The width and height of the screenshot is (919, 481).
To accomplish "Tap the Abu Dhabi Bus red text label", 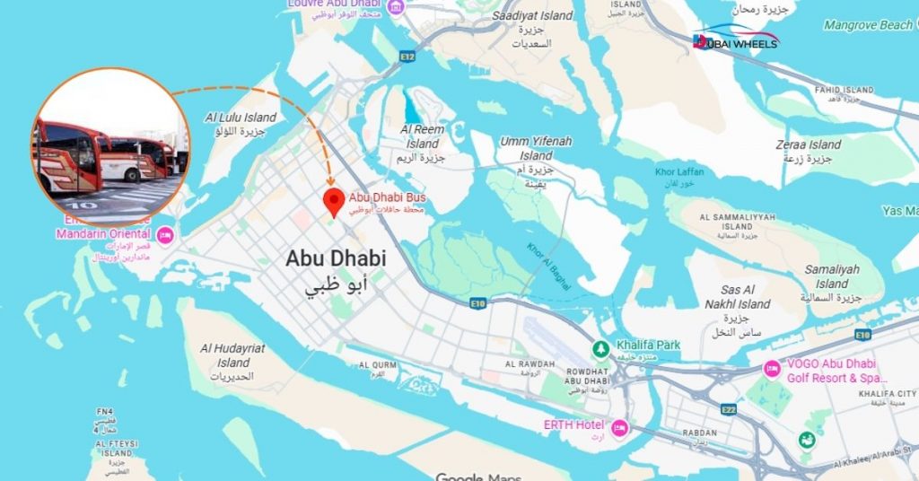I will [x=387, y=197].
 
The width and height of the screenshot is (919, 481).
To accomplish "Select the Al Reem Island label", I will [x=422, y=137].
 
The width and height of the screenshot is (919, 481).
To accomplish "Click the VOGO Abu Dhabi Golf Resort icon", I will [x=771, y=369].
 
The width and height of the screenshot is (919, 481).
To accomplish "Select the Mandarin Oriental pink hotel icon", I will [x=164, y=235].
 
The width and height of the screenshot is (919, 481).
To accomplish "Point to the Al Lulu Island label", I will [x=241, y=118].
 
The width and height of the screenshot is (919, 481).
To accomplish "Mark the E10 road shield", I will [x=478, y=304].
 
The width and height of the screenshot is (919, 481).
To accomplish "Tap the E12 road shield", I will [x=407, y=56].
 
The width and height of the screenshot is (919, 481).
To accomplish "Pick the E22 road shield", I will [x=728, y=410].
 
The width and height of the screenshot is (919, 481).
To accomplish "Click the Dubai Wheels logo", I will [x=736, y=40].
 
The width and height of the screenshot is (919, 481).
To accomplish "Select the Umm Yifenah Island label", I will [x=536, y=148].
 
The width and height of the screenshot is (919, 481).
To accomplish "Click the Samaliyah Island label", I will [x=831, y=276].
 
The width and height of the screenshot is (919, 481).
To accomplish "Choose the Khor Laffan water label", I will [x=679, y=171].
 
